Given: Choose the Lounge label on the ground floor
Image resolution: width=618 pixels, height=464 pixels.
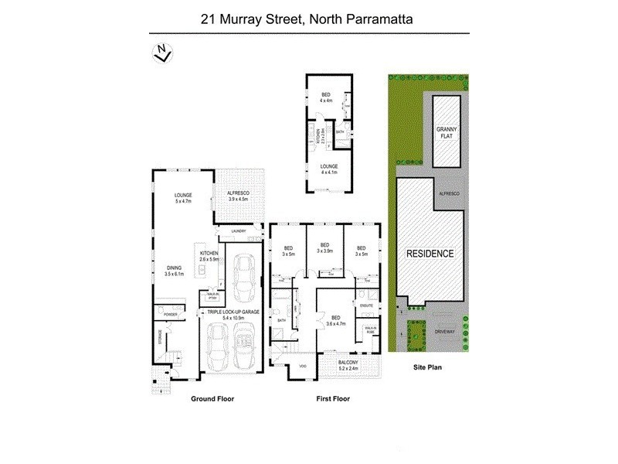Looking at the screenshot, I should coord(183,197).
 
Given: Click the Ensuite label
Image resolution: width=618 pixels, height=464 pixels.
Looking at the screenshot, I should coord(367,306).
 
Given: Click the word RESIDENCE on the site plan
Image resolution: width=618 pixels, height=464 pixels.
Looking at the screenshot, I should coord(430,254).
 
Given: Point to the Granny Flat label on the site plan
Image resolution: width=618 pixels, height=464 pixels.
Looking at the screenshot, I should coord(447,134).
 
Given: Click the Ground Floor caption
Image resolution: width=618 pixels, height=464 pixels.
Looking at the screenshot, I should coord(212,399).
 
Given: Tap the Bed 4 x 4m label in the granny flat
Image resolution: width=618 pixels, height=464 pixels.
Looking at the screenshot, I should coord(325,98).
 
